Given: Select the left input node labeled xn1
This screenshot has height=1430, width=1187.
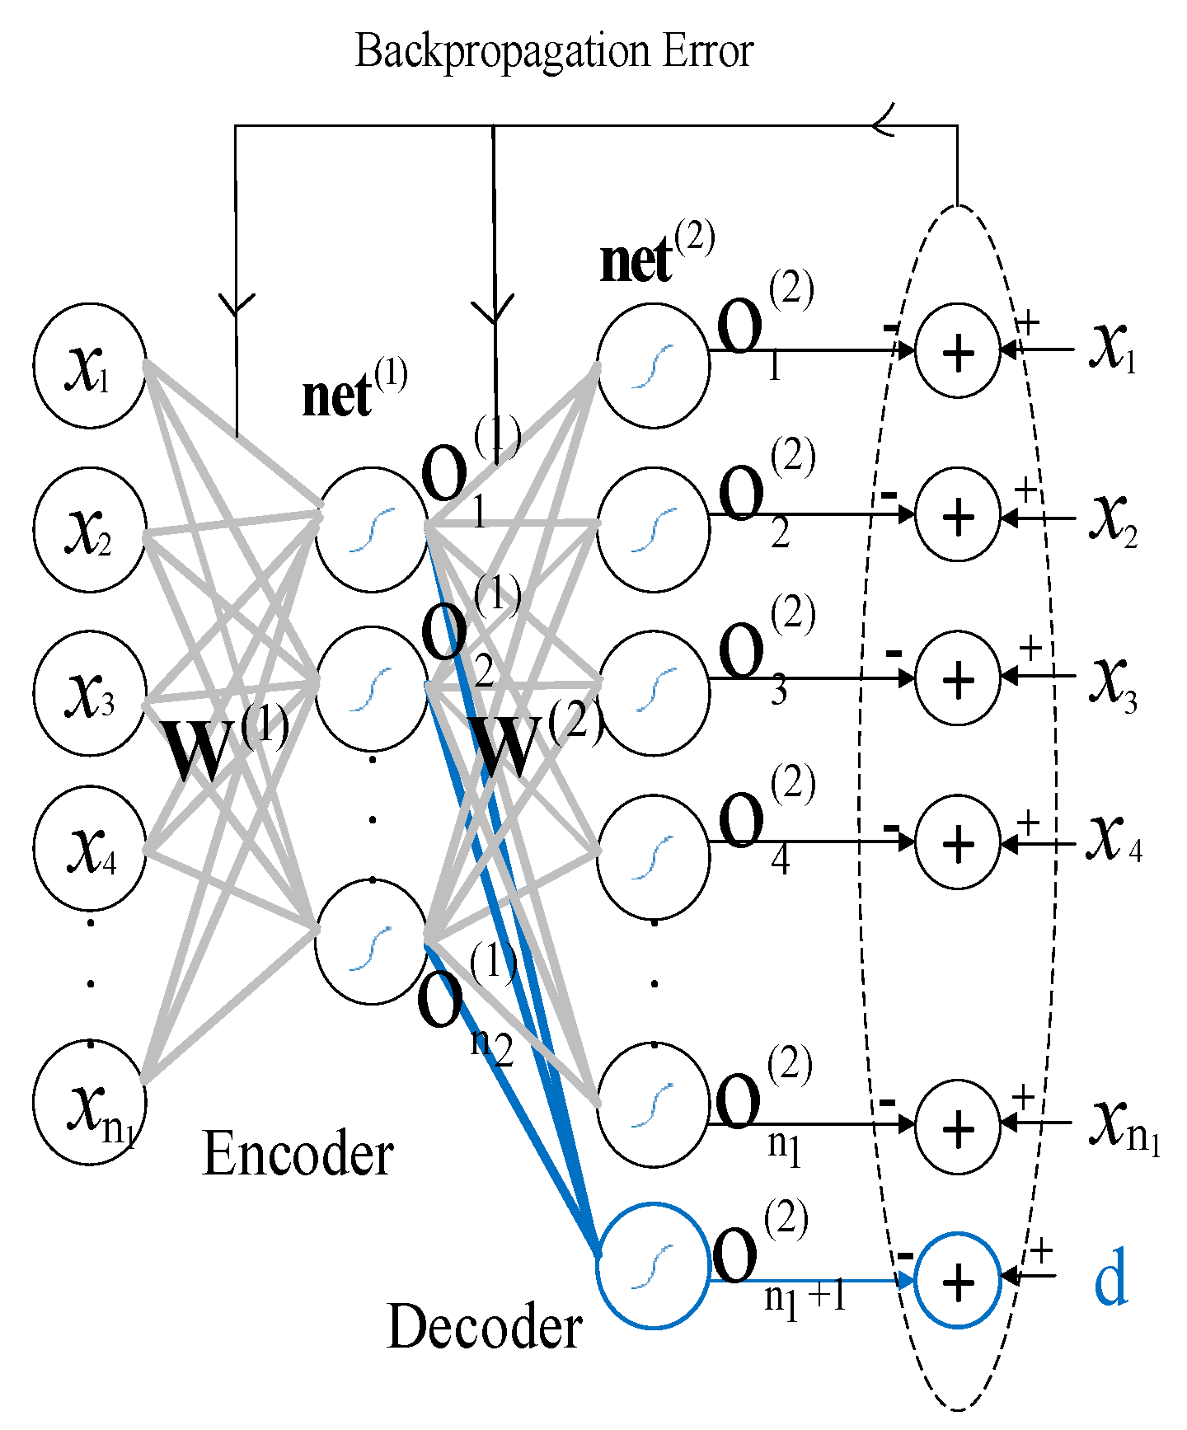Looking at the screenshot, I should click(x=90, y=1102).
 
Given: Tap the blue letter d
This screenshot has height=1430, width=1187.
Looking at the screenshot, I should click(x=1110, y=1278).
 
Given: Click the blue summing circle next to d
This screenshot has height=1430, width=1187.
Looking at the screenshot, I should click(x=958, y=1280).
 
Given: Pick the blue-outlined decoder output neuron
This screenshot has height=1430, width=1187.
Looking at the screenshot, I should click(x=653, y=1265).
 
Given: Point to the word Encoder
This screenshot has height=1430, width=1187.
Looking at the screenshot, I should click(x=298, y=1154).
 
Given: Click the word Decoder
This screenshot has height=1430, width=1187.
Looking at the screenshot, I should click(x=484, y=1328).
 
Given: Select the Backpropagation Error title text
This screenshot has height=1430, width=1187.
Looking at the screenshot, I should click(x=554, y=51).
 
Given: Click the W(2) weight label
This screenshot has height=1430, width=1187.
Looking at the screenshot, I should click(x=536, y=742).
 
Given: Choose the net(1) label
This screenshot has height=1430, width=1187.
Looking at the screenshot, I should click(x=353, y=391).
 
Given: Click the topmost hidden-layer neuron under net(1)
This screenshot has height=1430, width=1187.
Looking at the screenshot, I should click(x=371, y=530).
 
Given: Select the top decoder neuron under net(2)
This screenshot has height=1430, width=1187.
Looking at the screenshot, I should click(x=653, y=366).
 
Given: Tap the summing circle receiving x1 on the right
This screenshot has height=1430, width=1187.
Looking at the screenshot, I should click(x=958, y=351).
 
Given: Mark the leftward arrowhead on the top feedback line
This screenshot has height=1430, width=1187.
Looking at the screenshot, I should click(x=884, y=126).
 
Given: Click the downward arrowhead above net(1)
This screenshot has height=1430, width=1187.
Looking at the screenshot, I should click(x=237, y=304).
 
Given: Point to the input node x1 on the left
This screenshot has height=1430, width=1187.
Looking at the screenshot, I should click(x=90, y=366).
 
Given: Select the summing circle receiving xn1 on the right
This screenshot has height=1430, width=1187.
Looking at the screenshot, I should click(x=958, y=1126).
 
